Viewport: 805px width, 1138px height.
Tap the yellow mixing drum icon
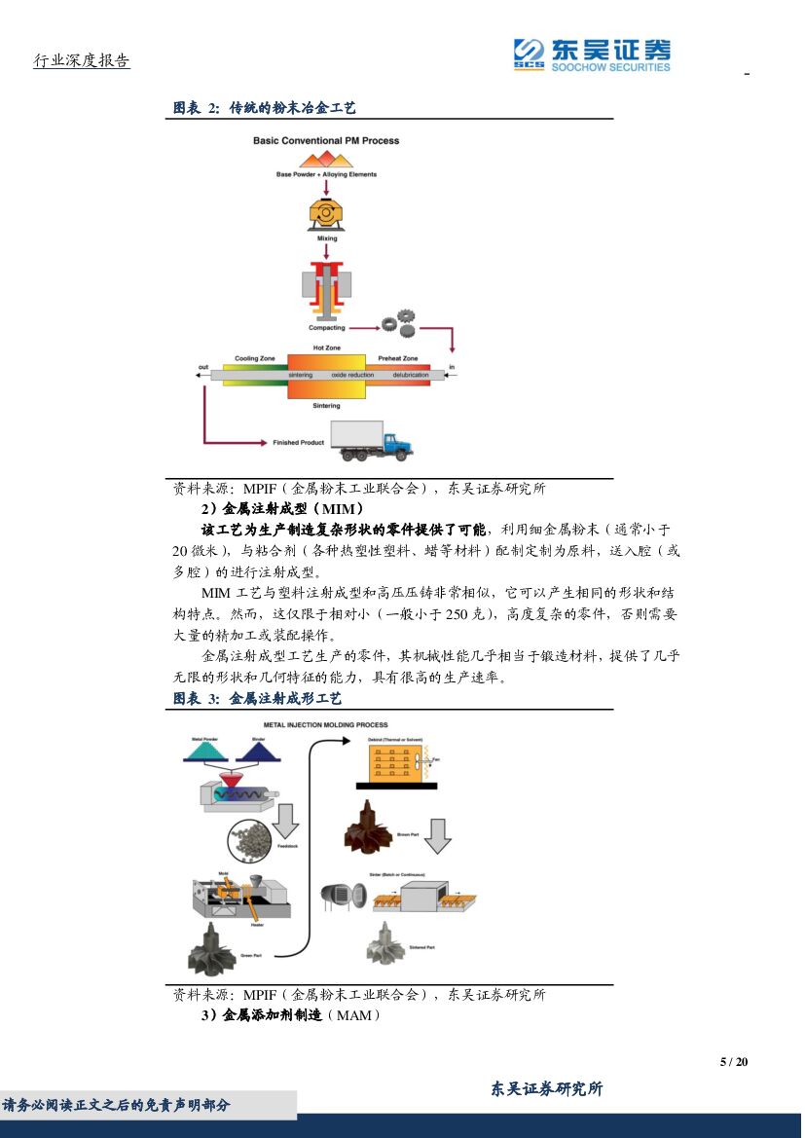click(326, 213)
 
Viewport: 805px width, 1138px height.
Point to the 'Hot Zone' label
click(326, 348)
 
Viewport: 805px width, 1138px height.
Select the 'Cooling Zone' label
click(255, 358)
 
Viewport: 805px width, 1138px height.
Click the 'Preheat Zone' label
click(398, 358)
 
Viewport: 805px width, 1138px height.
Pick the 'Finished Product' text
click(298, 443)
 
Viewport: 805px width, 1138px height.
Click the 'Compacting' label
click(327, 328)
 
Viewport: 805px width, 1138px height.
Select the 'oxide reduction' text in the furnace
click(352, 375)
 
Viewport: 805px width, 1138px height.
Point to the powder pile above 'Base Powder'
click(326, 159)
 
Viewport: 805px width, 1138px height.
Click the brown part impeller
click(368, 827)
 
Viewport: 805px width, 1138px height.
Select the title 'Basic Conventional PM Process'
click(326, 140)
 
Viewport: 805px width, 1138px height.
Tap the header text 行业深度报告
click(82, 61)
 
